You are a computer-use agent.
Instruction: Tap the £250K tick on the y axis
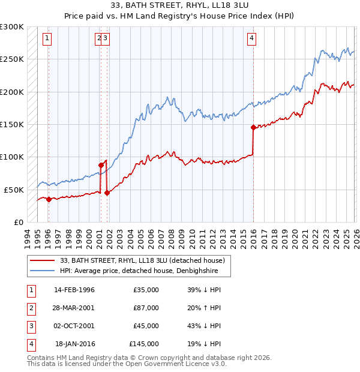click(12, 59)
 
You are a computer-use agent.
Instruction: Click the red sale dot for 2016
click(253, 127)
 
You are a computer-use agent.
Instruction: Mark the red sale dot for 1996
click(49, 199)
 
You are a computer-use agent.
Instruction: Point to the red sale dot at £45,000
click(107, 193)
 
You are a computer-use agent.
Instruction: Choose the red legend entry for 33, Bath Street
click(142, 260)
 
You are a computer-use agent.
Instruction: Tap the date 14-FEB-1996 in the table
click(74, 290)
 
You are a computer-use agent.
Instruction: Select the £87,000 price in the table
click(146, 308)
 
